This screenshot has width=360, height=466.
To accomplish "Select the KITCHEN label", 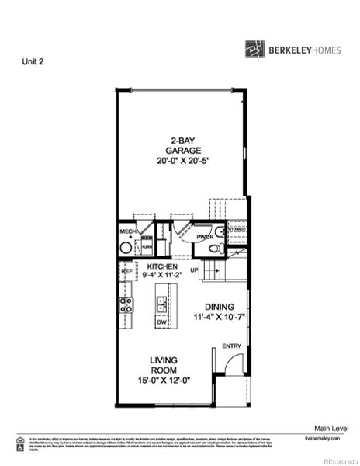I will [x=162, y=266].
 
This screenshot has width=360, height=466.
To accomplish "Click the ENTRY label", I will [x=231, y=346].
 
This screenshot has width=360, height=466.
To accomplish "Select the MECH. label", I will [x=127, y=231].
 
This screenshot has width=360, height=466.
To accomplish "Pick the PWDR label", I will [x=204, y=237].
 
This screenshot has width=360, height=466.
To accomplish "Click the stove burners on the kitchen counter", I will [x=125, y=304].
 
